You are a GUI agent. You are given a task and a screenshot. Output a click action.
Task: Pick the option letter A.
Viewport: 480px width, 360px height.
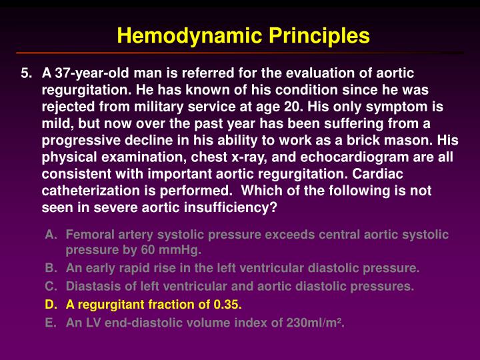[51, 235]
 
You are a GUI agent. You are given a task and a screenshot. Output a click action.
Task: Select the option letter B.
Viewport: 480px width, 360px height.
[51, 269]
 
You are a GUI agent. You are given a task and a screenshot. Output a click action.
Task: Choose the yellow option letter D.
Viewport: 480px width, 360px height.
[51, 305]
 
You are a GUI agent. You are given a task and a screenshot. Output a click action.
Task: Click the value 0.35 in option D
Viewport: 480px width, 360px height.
[227, 305]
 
